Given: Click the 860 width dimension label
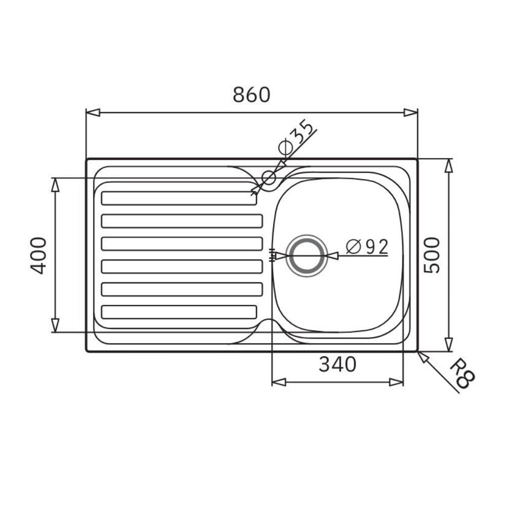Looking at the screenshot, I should (251, 95).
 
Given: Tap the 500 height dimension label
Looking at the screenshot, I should (432, 255).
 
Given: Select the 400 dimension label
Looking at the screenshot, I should (39, 255).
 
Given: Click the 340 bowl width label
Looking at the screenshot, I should (338, 364).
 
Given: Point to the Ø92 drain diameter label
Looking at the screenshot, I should (367, 247).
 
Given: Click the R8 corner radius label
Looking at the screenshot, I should (462, 373).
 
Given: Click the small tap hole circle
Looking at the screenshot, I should (269, 178).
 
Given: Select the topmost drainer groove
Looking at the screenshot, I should (179, 198).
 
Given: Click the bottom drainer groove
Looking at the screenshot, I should (179, 312).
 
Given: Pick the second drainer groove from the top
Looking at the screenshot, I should (182, 221).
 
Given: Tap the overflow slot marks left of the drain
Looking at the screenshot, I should (273, 256).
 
